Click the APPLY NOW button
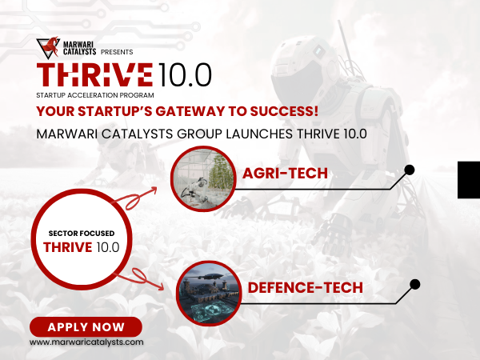(86, 326)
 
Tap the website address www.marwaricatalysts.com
(86, 342)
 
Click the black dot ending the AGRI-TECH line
(410, 170)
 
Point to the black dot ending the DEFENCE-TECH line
(414, 283)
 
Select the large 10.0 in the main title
(183, 74)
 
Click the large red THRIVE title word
(94, 74)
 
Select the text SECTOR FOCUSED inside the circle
(81, 233)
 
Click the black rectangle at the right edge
(468, 178)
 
